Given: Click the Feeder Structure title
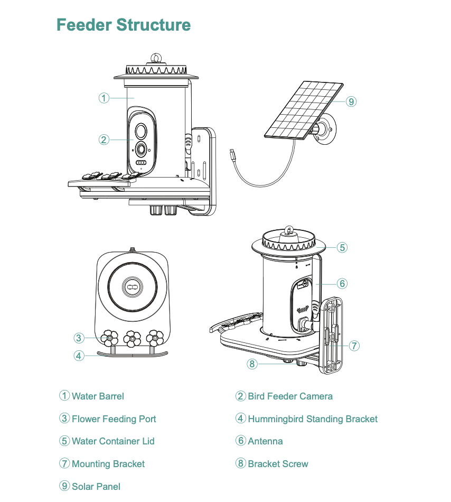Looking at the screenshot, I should (x=124, y=25).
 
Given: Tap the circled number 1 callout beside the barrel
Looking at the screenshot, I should (x=104, y=98).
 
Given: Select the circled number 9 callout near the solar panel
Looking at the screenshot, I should (x=351, y=101).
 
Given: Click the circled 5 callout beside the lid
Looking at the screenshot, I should (x=342, y=247).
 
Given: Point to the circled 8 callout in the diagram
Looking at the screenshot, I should (x=252, y=364).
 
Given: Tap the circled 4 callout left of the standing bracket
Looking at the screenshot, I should (x=79, y=356).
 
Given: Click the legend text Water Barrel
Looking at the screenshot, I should (x=98, y=396).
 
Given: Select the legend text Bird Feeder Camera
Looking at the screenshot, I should (x=290, y=396).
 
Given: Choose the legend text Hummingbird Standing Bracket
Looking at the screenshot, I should (x=313, y=419).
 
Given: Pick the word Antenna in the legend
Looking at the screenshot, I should (x=265, y=441).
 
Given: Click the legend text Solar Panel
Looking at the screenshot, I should (x=96, y=486).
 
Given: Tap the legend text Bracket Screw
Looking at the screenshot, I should (x=278, y=463).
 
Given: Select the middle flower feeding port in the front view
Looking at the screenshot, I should (x=132, y=338).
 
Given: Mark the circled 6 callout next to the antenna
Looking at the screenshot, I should (x=342, y=284).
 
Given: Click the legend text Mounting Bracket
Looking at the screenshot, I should (x=108, y=463).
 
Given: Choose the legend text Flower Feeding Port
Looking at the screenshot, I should (x=114, y=419).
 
